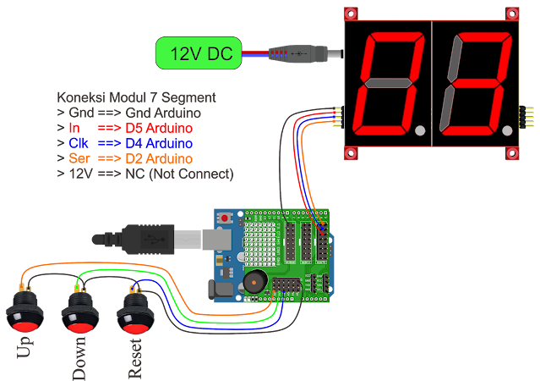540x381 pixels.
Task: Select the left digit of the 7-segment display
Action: (x=391, y=85)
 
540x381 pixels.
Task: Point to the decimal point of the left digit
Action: (x=420, y=130)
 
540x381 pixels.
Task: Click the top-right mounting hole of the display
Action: (x=511, y=14)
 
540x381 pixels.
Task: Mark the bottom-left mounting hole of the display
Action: (x=351, y=153)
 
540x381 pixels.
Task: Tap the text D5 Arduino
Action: (x=158, y=128)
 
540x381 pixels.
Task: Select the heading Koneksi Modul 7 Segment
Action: (x=136, y=97)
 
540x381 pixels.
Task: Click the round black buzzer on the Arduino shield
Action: (x=253, y=283)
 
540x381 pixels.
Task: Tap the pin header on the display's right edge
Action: (x=528, y=117)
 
